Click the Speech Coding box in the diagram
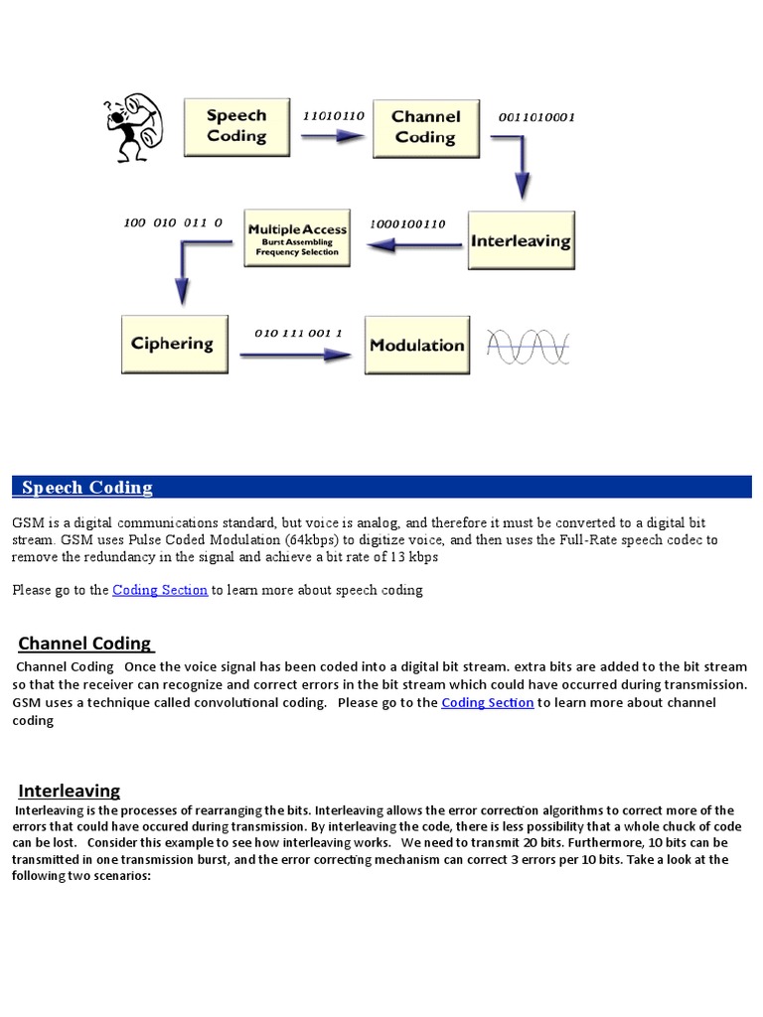click(235, 126)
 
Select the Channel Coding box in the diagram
click(425, 127)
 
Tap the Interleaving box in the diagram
click(521, 240)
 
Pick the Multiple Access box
click(297, 237)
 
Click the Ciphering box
click(172, 344)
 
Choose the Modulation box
click(416, 345)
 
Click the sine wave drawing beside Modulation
click(528, 346)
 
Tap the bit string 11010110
click(334, 116)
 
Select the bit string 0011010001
click(536, 117)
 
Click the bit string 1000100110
click(407, 223)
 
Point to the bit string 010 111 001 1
click(298, 333)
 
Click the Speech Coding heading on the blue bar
click(87, 488)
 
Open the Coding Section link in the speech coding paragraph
click(160, 590)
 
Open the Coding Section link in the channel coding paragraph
click(487, 702)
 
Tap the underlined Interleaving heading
click(70, 791)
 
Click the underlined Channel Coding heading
click(85, 644)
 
